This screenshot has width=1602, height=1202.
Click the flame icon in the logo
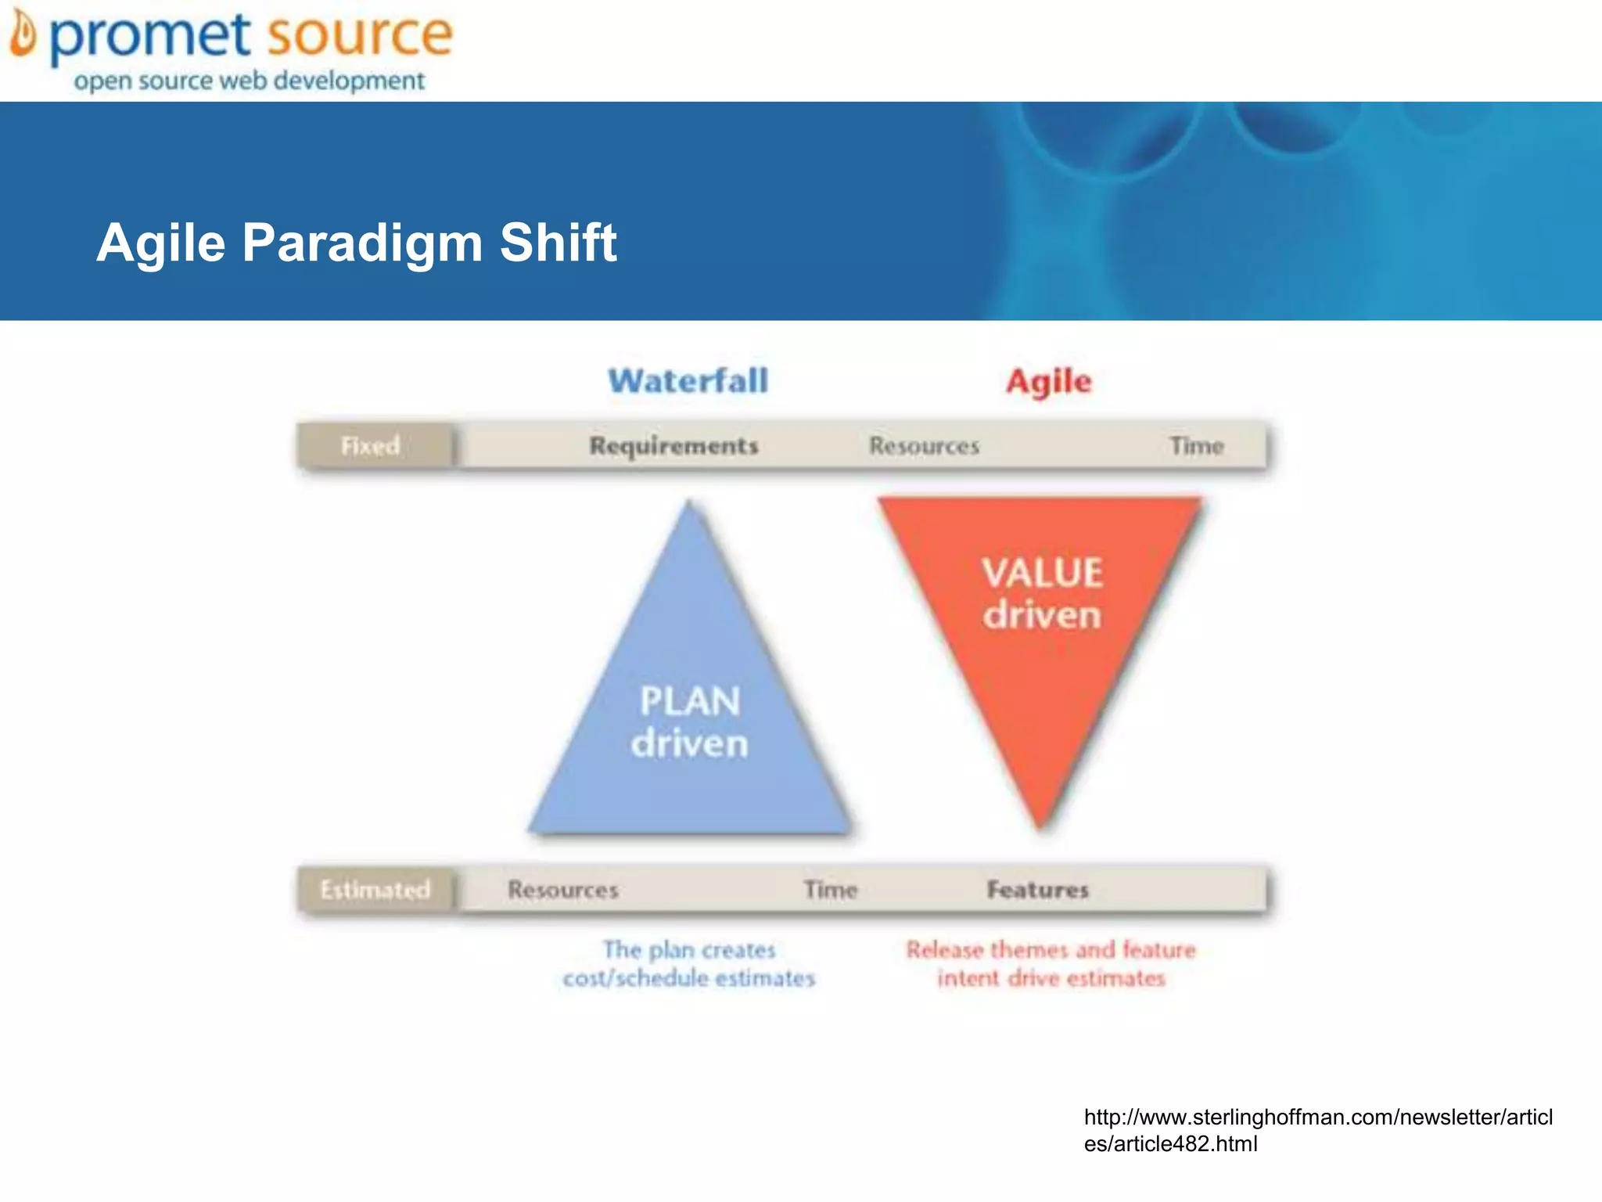(23, 35)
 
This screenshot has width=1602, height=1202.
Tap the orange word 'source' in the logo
(359, 36)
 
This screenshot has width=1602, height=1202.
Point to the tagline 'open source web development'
(249, 81)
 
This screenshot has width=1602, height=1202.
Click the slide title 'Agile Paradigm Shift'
(357, 242)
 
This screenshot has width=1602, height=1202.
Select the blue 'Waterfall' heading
(688, 381)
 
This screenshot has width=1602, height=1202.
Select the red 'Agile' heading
(1048, 381)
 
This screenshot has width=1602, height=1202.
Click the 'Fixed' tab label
(371, 446)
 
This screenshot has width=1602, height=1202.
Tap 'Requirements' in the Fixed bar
(673, 446)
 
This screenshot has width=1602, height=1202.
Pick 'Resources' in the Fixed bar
(924, 446)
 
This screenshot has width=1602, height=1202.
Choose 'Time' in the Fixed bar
(1196, 446)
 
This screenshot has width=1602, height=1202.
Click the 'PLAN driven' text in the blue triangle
(689, 722)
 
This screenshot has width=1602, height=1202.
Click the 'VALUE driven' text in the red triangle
(1042, 593)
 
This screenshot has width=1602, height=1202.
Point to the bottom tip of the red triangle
(1040, 825)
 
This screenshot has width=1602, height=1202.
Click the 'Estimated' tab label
(375, 890)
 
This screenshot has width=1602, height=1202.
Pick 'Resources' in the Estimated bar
(562, 890)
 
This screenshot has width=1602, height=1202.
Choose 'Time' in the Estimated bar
(831, 890)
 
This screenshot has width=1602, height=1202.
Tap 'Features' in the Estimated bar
(1037, 890)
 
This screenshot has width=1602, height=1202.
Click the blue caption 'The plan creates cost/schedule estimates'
(688, 964)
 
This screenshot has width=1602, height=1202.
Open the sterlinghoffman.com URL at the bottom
(1317, 1130)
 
